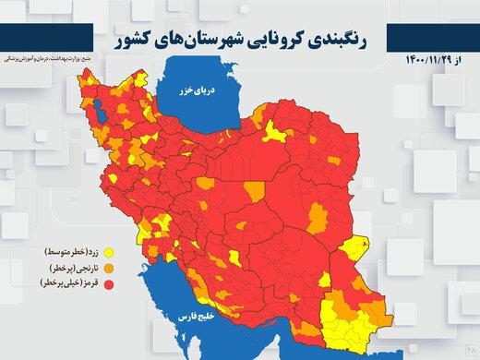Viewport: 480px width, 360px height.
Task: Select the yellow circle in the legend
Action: (x=110, y=251)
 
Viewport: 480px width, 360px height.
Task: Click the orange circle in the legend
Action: (x=110, y=268)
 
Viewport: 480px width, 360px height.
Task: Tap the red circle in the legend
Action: (x=110, y=284)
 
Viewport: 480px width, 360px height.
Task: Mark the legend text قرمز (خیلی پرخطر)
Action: (x=67, y=284)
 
